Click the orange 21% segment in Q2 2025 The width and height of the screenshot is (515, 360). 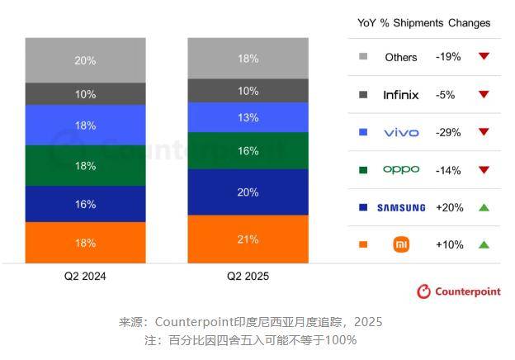point(248,239)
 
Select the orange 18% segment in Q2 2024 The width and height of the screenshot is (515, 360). point(85,243)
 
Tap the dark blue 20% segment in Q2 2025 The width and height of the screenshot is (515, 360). point(248,192)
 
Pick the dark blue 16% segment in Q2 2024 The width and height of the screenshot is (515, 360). point(85,204)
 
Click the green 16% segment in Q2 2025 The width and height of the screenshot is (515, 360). point(248,151)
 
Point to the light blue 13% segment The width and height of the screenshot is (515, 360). point(248,117)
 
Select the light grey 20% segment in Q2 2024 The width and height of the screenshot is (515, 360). point(85,60)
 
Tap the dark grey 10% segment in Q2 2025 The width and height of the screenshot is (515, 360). point(248,91)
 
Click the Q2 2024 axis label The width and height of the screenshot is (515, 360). point(85,276)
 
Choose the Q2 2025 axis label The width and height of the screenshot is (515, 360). point(248,276)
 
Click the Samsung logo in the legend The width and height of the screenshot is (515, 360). point(401,207)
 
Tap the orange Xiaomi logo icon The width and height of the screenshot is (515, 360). point(401,244)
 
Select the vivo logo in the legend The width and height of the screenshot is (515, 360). point(401,132)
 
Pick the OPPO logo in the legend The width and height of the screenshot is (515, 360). point(401,170)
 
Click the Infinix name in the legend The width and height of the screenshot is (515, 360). point(401,95)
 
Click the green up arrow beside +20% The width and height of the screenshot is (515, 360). point(484,207)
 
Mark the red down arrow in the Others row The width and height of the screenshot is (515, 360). point(484,57)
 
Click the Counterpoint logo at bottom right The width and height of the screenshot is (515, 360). point(458,291)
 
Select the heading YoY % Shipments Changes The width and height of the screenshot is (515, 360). point(423,23)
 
